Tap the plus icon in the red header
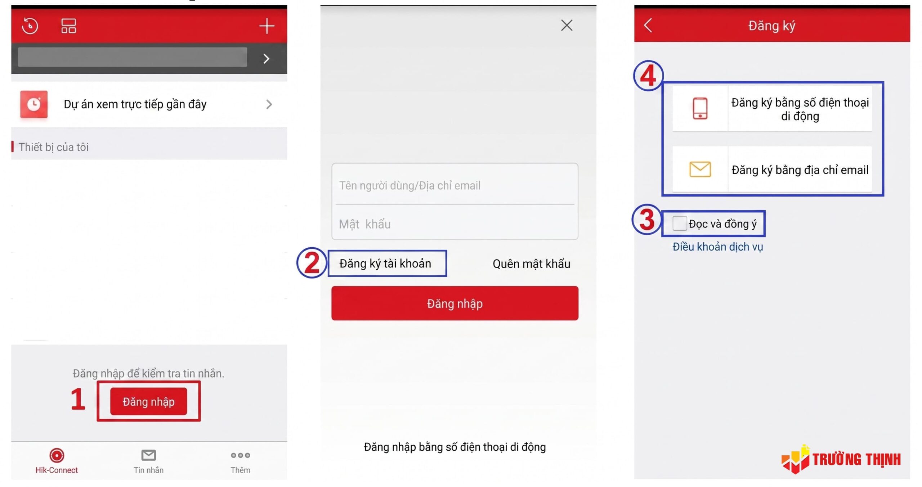[x=267, y=26]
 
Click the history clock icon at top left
[x=30, y=26]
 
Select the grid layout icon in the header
[x=68, y=26]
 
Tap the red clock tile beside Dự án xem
[x=34, y=104]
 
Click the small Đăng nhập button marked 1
[x=148, y=401]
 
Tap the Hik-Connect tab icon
[x=57, y=455]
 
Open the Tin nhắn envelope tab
[x=148, y=455]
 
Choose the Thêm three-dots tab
[x=240, y=455]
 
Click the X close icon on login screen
[x=567, y=25]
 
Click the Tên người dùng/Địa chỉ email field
[x=455, y=185]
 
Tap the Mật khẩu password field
[x=455, y=224]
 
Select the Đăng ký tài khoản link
[x=385, y=263]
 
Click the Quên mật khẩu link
[x=531, y=264]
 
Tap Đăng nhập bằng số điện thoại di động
[x=455, y=447]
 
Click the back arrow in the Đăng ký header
[x=648, y=25]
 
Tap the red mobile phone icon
[x=700, y=108]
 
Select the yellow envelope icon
[x=700, y=169]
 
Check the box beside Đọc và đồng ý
[x=679, y=224]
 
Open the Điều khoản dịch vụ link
[x=717, y=247]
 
